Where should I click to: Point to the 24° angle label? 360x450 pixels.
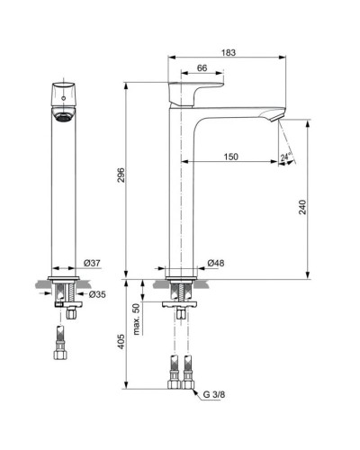[x=286, y=159]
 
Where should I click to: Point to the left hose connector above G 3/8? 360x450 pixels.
[x=173, y=372]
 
